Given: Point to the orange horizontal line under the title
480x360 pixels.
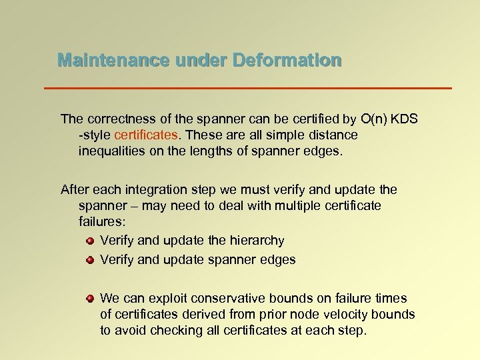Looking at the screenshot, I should pyautogui.click(x=247, y=88).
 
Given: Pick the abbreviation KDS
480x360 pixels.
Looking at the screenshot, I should pyautogui.click(x=404, y=119).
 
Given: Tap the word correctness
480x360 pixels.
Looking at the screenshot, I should pyautogui.click(x=119, y=119).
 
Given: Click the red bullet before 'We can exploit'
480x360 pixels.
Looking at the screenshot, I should pyautogui.click(x=89, y=298).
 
